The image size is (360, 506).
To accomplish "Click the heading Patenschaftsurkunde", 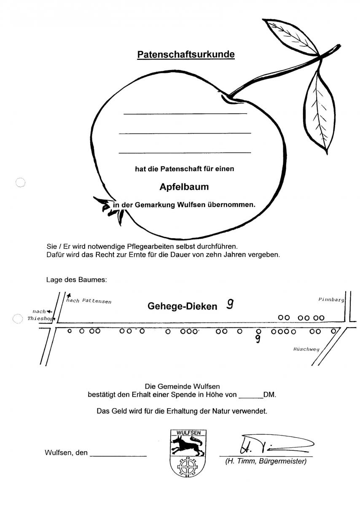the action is click(186, 54).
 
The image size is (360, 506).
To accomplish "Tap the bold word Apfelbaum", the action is click(184, 187).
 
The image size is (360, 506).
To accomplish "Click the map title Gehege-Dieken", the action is click(182, 306).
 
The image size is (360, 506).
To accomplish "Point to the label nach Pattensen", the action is click(89, 301).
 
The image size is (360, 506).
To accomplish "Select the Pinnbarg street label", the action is click(331, 299).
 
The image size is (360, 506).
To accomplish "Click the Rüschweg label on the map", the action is click(306, 349).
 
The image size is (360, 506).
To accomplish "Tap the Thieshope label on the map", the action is click(41, 319).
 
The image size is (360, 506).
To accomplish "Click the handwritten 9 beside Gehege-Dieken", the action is click(230, 304).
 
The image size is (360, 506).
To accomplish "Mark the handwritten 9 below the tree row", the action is click(258, 339).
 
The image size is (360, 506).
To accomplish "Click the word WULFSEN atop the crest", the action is click(188, 433).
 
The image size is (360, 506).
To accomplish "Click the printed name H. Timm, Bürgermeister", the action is click(266, 461).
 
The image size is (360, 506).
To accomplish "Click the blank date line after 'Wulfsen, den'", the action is click(118, 456).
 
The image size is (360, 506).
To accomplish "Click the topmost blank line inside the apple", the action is click(185, 113).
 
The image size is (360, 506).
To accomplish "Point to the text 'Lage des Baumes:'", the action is click(77, 280).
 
